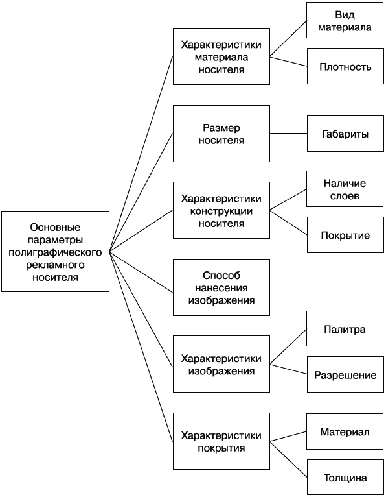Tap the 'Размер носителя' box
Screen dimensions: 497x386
pyautogui.click(x=221, y=134)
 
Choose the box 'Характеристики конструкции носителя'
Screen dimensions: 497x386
pyautogui.click(x=221, y=210)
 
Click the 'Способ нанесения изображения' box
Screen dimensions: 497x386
pyautogui.click(x=221, y=287)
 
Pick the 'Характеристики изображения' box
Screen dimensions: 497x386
pyautogui.click(x=221, y=364)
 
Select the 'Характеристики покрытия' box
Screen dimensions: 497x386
pyautogui.click(x=221, y=441)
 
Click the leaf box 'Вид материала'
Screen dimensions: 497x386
pyautogui.click(x=345, y=21)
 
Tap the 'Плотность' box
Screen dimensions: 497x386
pyautogui.click(x=345, y=66)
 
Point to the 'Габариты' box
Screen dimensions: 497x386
pyautogui.click(x=345, y=134)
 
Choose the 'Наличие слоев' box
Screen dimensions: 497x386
pyautogui.click(x=345, y=189)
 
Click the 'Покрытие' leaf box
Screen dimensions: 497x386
pyautogui.click(x=345, y=235)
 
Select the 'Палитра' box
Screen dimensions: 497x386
pyautogui.click(x=345, y=330)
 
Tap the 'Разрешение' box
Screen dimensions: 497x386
pyautogui.click(x=345, y=375)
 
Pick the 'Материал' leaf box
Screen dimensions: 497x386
pyautogui.click(x=345, y=432)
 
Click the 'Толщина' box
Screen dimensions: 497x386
pyautogui.click(x=345, y=478)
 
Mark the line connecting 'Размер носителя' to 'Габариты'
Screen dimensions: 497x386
pyautogui.click(x=288, y=134)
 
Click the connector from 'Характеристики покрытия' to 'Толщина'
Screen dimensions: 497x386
pyautogui.click(x=288, y=460)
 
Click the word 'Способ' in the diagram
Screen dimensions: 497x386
pyautogui.click(x=221, y=274)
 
